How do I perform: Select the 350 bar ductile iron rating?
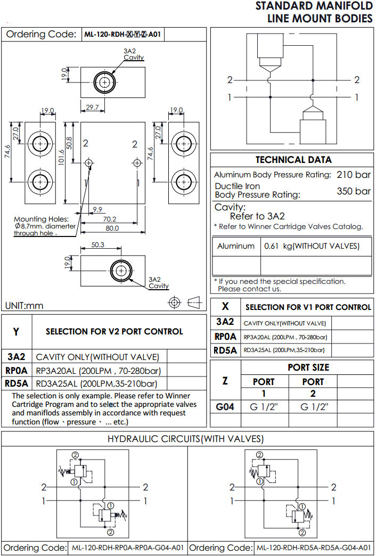[x=354, y=191]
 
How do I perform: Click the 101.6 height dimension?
[x=62, y=158]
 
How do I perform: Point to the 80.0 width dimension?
[x=112, y=228]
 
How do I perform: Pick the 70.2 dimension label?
[x=110, y=218]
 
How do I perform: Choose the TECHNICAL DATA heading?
[x=293, y=160]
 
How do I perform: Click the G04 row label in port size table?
[x=225, y=407]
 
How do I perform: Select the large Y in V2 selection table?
[x=16, y=332]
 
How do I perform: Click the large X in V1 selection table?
[x=225, y=306]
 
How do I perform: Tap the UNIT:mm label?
[x=24, y=306]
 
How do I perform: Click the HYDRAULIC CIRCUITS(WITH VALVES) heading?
[x=186, y=439]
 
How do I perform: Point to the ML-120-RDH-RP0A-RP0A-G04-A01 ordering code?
[x=128, y=548]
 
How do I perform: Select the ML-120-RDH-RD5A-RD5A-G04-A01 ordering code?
[x=313, y=548]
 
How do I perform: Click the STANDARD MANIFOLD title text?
[x=314, y=6]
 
